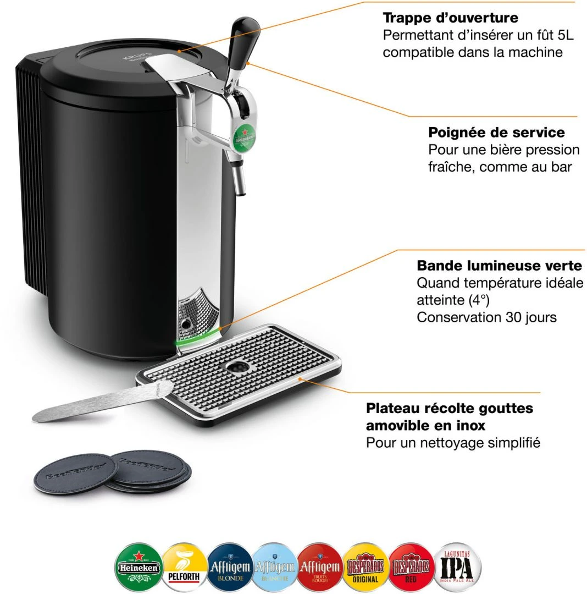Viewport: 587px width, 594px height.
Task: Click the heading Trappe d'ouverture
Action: (450, 18)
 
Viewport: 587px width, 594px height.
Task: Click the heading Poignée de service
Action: (496, 133)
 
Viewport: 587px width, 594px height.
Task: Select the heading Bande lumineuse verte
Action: (499, 266)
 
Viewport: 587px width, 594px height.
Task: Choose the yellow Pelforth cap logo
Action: (184, 566)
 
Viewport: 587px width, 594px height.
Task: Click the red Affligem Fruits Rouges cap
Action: (321, 566)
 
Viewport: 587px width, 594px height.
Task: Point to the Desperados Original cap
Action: (366, 566)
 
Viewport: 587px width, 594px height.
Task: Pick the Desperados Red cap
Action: (411, 566)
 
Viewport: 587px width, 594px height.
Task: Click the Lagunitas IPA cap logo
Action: (457, 566)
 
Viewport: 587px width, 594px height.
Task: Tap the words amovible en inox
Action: (425, 425)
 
